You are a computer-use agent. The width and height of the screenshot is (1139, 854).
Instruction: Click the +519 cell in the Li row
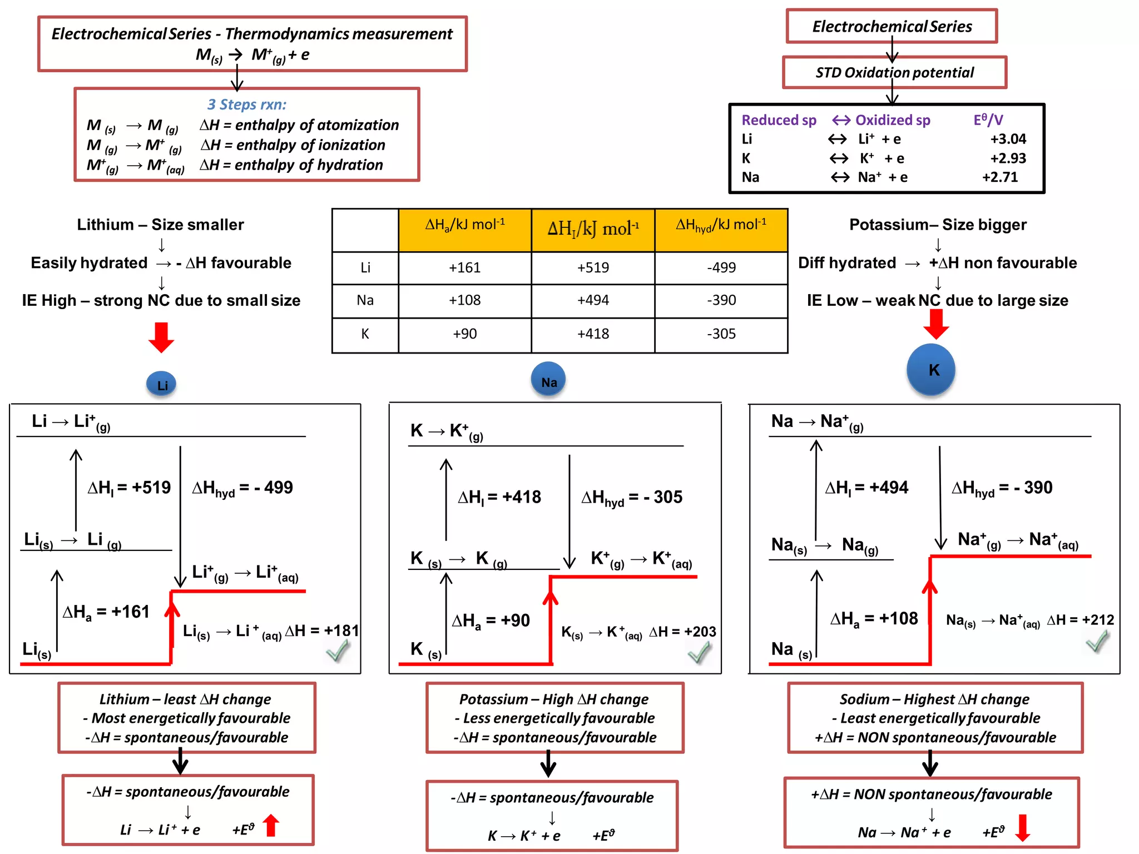click(593, 267)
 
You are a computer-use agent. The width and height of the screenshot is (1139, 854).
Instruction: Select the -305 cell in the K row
click(721, 334)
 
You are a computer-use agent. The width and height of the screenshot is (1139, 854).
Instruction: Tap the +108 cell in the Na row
click(465, 300)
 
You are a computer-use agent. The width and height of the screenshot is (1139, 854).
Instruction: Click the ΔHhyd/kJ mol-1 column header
click(721, 225)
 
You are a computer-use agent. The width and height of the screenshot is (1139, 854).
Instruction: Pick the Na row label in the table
click(365, 300)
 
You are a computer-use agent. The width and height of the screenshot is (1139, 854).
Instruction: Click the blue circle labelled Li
click(161, 384)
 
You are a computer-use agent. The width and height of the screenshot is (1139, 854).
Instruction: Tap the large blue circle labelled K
click(931, 370)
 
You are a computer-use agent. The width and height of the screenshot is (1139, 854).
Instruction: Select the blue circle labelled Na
click(548, 381)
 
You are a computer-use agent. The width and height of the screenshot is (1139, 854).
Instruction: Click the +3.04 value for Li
click(1008, 139)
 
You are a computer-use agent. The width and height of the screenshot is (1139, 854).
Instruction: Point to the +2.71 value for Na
click(1000, 177)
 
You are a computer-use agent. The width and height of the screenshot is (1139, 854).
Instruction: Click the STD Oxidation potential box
click(894, 73)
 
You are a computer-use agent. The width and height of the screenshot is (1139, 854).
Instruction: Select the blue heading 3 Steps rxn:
click(247, 105)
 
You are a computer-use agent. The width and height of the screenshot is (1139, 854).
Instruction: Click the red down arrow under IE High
click(161, 337)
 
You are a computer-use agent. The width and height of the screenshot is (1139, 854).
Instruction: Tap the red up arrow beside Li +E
click(271, 825)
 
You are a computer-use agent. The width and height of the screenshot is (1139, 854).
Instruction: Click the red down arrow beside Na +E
click(1022, 828)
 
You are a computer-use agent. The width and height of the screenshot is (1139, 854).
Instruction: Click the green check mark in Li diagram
click(338, 651)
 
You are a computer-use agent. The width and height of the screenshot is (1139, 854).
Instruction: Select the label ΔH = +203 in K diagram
click(682, 632)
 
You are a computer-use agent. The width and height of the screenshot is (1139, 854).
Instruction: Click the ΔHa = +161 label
click(106, 612)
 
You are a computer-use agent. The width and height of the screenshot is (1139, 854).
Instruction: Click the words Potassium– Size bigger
click(938, 225)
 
